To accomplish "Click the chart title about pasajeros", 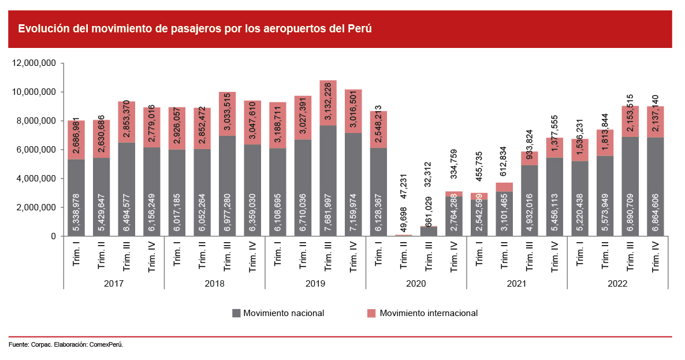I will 195,28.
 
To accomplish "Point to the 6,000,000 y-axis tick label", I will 35,150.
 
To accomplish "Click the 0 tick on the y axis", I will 53,236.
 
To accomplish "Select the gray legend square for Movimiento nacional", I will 236,313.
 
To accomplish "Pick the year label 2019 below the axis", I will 315,284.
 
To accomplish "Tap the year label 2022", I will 617,284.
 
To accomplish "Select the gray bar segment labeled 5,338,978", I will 76,198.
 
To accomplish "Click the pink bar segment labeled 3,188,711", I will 277,125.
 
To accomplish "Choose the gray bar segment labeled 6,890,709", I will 630,186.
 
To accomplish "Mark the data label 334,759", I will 453,166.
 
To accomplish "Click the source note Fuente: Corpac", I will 66,344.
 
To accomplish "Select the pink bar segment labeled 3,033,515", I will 227,114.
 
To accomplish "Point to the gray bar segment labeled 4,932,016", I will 529,201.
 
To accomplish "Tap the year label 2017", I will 114,284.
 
